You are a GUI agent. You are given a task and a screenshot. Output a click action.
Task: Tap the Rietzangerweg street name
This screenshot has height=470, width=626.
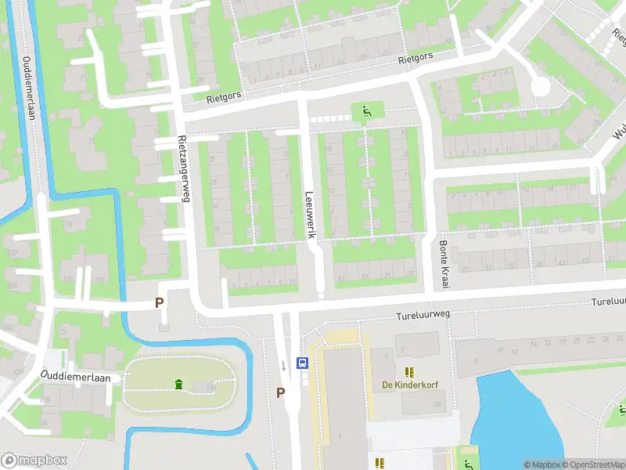185,168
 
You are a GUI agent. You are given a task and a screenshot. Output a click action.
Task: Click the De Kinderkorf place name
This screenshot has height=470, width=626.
408,385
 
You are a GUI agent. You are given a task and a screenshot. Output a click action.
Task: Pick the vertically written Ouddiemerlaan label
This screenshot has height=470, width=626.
30,88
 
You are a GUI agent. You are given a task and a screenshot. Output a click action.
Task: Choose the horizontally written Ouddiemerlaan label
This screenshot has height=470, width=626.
76,376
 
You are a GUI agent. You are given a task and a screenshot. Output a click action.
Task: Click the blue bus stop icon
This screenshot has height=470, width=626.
301,363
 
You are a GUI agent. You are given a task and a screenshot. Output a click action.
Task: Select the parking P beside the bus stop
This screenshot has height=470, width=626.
280,392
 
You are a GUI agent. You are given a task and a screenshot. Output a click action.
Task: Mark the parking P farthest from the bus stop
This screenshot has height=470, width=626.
160,302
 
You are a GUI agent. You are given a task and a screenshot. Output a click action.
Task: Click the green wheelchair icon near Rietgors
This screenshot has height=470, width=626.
365,112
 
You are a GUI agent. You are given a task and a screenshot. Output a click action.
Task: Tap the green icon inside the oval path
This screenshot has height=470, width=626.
179,384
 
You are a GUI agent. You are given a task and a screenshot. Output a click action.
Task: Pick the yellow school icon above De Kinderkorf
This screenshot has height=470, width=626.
408,371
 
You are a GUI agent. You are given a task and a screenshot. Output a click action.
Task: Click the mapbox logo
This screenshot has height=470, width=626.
34,461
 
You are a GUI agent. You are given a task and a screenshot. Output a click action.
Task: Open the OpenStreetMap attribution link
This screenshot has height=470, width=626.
593,465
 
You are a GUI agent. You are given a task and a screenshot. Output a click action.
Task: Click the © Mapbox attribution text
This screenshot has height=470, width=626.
541,465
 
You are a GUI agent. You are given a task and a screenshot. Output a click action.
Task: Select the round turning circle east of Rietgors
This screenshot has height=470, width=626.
540,87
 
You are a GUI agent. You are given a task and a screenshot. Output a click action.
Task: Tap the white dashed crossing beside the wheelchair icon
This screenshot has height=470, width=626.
330,118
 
